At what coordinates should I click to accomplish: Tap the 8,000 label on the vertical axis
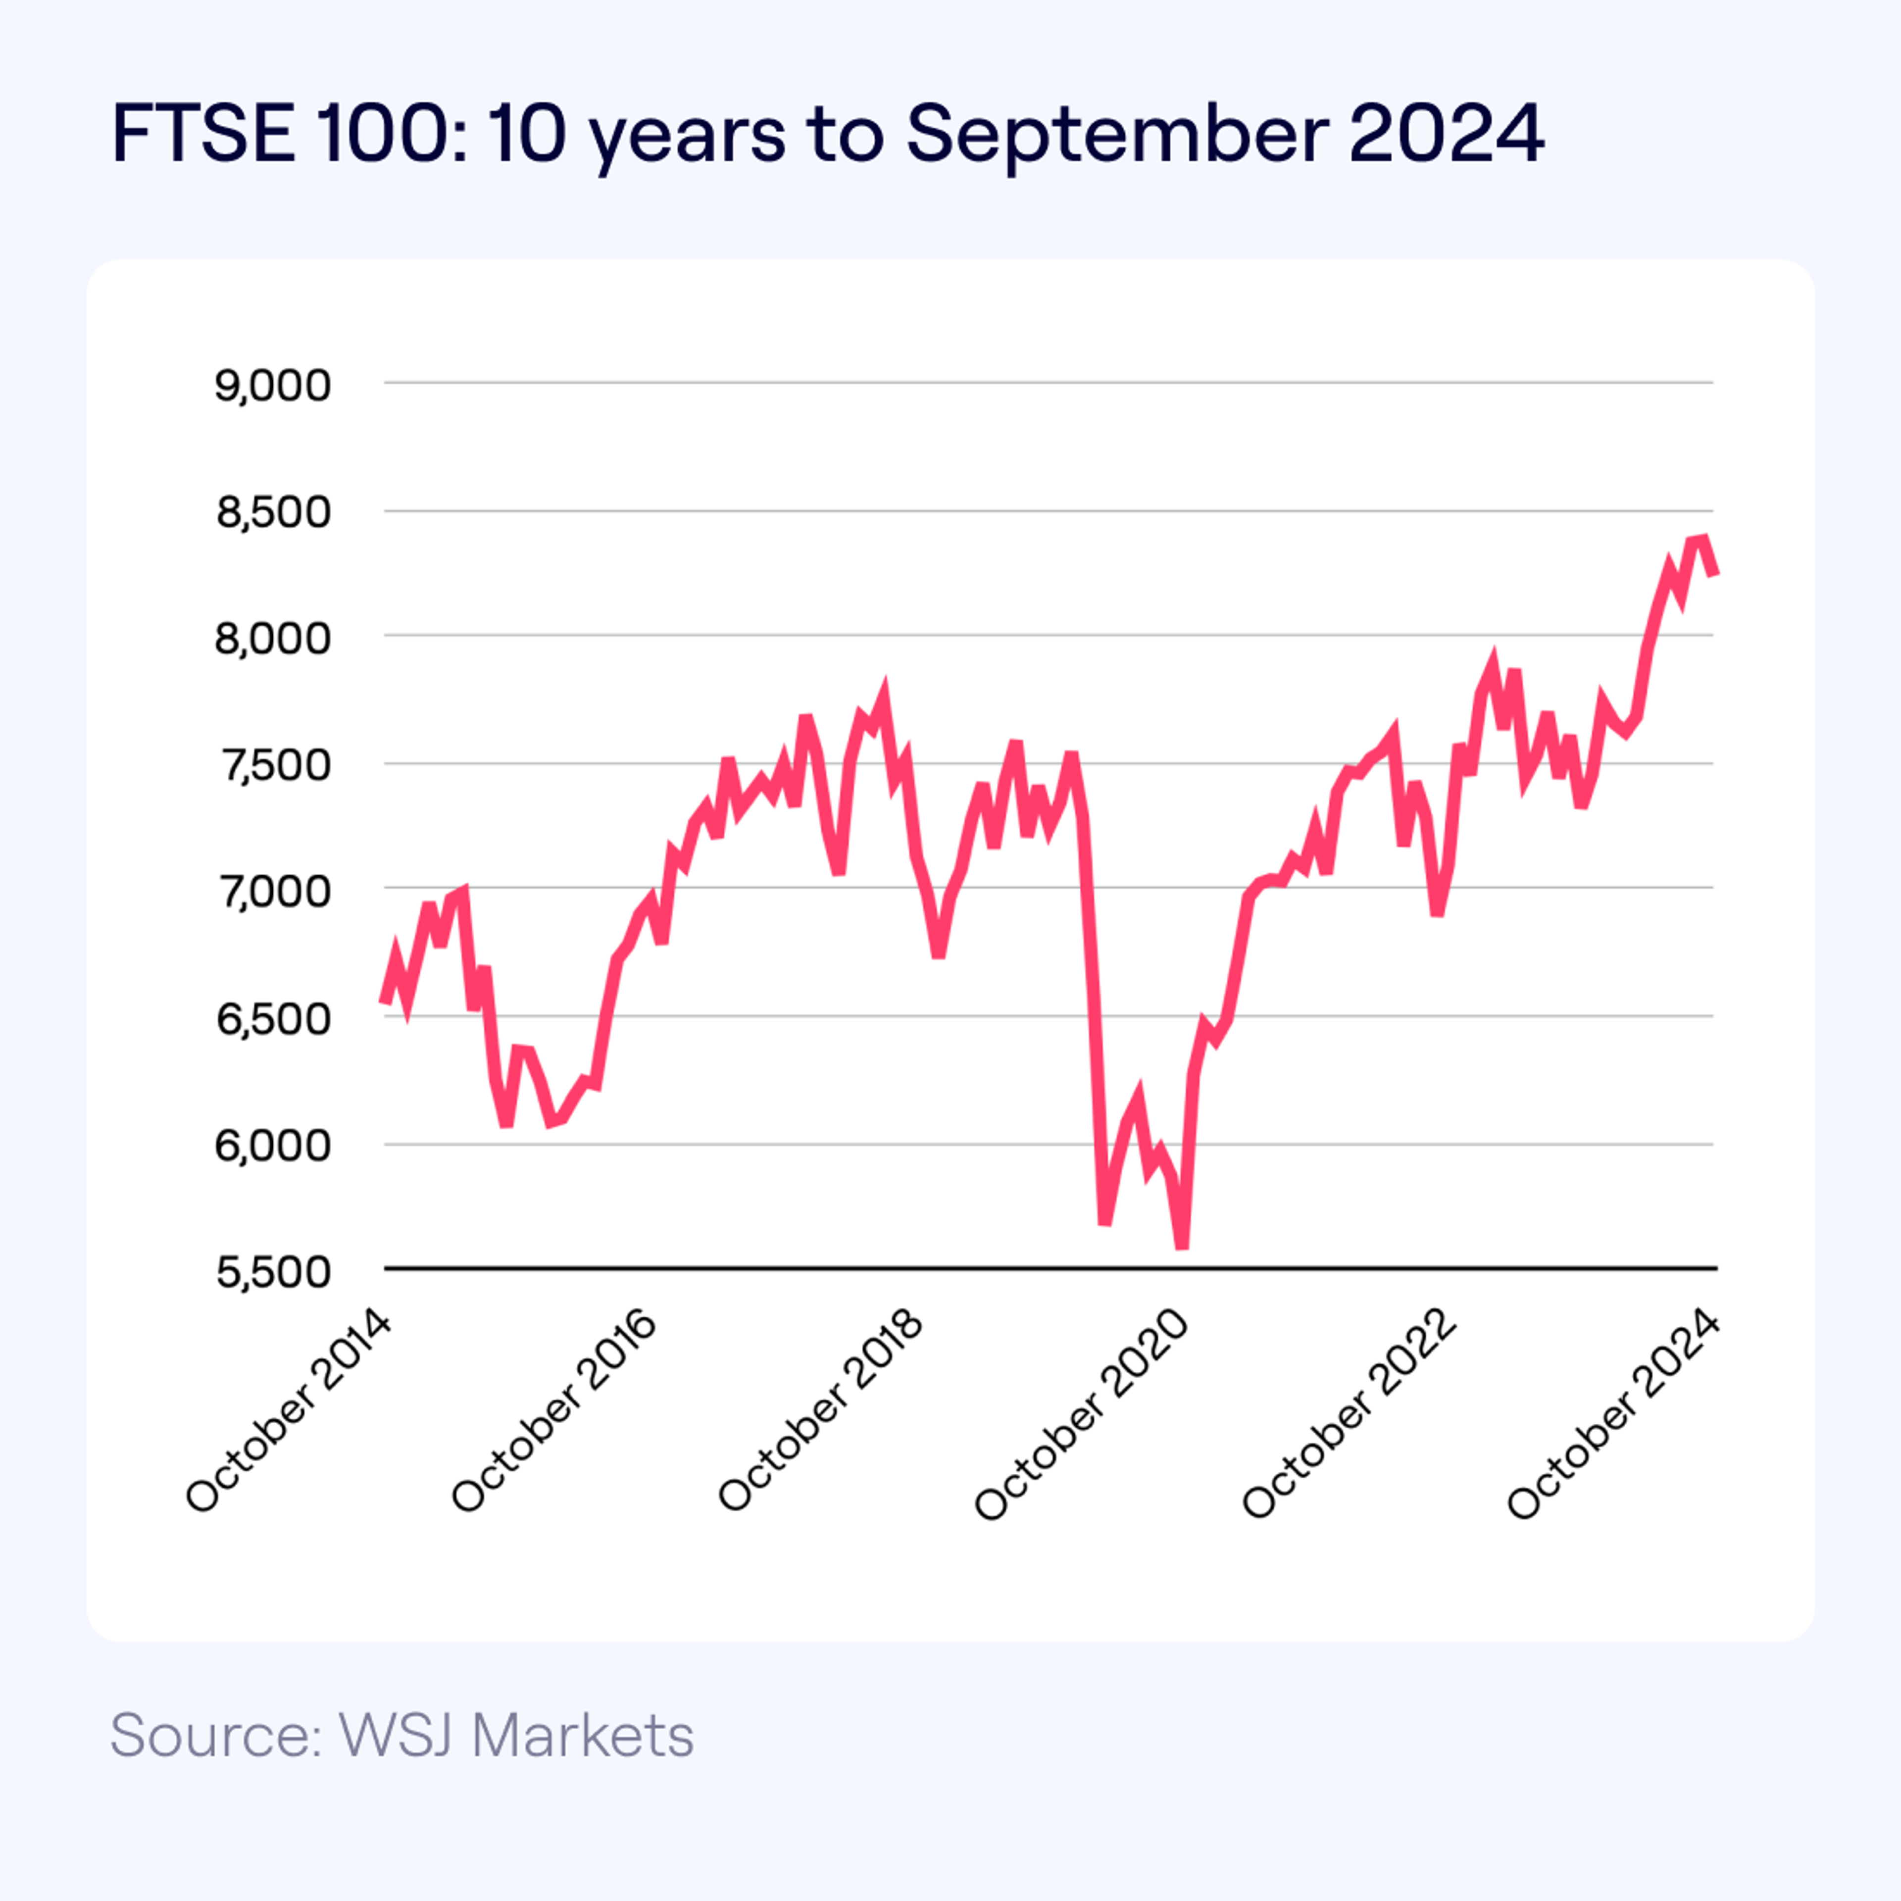tap(273, 639)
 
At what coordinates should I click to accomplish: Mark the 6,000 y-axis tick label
tap(273, 1146)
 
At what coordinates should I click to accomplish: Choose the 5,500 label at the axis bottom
tap(273, 1272)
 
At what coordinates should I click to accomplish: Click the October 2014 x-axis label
tap(288, 1412)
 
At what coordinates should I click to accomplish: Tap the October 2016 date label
tap(554, 1412)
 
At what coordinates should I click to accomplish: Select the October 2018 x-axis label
tap(821, 1412)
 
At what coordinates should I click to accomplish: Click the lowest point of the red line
tap(1182, 1246)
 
